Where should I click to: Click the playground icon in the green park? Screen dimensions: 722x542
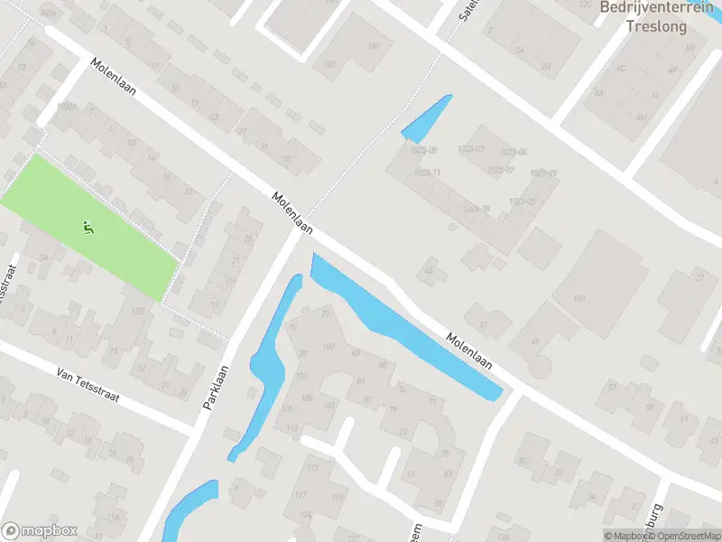(x=88, y=229)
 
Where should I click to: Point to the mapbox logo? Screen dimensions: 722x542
(x=40, y=531)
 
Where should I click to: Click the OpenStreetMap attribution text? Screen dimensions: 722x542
(x=683, y=536)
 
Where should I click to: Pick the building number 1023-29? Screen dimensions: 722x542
(x=543, y=173)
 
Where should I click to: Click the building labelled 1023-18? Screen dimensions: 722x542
(x=477, y=210)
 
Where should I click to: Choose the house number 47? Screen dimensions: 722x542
(x=483, y=324)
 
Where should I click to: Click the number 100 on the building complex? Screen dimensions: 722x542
(x=328, y=347)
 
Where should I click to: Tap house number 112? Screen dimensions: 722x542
(x=292, y=428)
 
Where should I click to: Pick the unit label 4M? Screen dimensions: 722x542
(x=641, y=117)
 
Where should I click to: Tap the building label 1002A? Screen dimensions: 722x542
(x=65, y=107)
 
